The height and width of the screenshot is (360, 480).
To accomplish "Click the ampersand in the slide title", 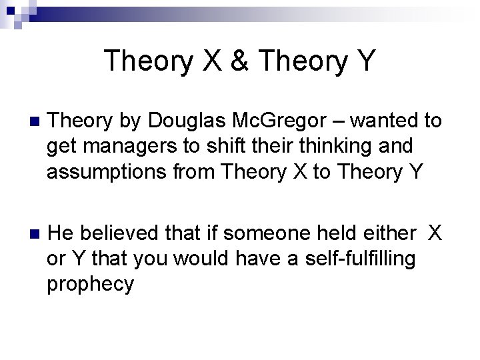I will tap(239, 61).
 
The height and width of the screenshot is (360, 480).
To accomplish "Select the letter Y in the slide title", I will tap(365, 61).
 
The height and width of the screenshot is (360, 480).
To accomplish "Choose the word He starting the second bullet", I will tap(61, 233).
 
